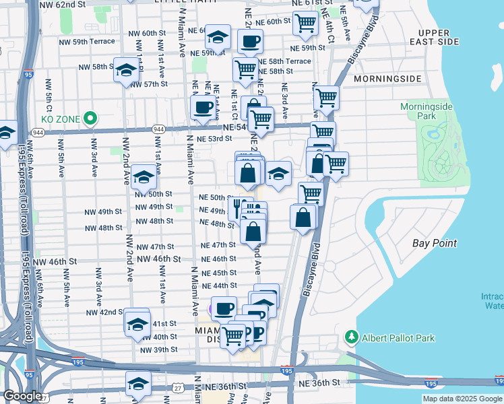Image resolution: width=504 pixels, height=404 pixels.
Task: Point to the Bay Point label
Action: (x=434, y=243)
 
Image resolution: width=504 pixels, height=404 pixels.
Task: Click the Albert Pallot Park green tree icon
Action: (x=350, y=336)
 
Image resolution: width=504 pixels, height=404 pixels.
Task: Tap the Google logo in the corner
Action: (x=23, y=396)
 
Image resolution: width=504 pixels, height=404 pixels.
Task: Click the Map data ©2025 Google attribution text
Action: (x=462, y=399)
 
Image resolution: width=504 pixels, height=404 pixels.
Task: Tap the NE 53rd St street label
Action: (x=216, y=139)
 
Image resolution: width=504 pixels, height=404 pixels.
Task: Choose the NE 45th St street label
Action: (x=218, y=273)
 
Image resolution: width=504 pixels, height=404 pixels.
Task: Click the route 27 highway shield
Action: (x=178, y=386)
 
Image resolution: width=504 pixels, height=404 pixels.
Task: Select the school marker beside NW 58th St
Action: (x=126, y=70)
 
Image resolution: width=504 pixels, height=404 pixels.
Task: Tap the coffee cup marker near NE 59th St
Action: (x=249, y=42)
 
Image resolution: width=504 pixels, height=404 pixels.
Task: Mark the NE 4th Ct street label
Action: (x=329, y=26)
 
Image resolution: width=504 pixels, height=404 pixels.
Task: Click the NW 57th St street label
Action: (x=149, y=84)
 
